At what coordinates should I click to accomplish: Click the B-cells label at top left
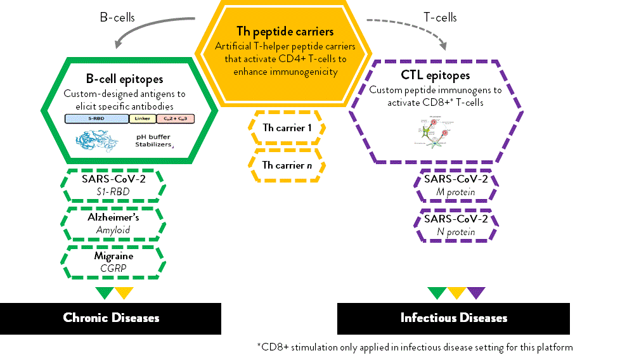pos(117,18)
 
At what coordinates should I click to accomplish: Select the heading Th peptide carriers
pos(285,31)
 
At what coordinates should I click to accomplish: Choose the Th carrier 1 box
pos(287,127)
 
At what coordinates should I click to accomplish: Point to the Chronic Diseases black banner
pos(111,318)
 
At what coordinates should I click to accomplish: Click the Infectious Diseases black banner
pos(453,318)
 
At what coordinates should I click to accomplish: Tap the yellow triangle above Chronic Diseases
pos(124,293)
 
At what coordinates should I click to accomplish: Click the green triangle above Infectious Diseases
pos(437,293)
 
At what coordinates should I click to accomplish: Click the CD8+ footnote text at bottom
pos(415,347)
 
